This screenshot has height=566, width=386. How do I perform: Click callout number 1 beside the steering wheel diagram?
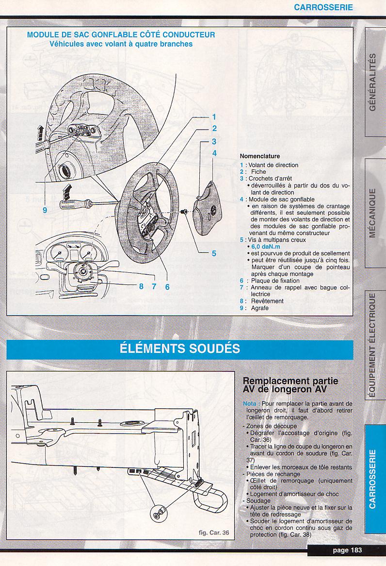point(213,117)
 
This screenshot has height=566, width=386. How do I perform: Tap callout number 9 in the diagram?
point(45,210)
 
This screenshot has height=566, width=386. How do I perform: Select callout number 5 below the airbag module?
point(213,253)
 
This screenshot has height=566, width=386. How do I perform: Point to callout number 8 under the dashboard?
point(141,286)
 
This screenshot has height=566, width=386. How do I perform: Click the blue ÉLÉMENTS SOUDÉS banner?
point(180,349)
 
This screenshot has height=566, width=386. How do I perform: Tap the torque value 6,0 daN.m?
point(265,247)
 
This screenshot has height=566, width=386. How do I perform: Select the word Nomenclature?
point(260,156)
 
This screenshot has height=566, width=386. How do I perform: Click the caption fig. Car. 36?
point(214,532)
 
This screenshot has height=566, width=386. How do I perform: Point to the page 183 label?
point(347,550)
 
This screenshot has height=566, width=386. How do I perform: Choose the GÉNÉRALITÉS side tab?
point(372,82)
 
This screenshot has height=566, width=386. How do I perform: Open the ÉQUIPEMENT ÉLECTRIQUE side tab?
point(372,345)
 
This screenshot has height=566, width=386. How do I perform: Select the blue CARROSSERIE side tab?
point(372,479)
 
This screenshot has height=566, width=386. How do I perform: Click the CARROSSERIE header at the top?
point(323,7)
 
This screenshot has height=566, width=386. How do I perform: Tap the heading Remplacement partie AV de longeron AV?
point(290,385)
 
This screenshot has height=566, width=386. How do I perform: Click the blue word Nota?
point(251,403)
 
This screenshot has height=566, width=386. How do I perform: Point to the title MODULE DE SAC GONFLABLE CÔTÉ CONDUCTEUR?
point(121,35)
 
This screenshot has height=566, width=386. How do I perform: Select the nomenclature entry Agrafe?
point(260,308)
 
